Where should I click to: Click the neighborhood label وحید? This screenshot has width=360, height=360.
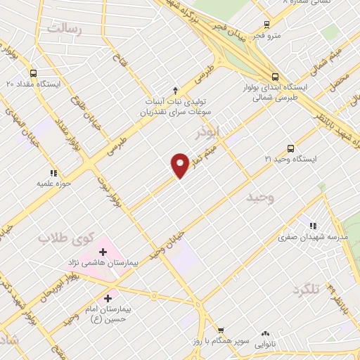tap(260, 198)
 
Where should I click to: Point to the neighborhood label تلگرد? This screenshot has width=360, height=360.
tap(307, 289)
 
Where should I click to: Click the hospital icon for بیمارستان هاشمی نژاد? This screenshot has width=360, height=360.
tap(102, 251)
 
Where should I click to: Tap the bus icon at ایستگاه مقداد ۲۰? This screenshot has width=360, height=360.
tap(33, 72)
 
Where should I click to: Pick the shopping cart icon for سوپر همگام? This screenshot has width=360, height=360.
tap(220, 330)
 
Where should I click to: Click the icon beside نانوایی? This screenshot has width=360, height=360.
tap(265, 334)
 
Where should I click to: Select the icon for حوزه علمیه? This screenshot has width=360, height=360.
tap(53, 172)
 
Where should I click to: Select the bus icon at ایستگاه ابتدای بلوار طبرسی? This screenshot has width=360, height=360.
tap(275, 77)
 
